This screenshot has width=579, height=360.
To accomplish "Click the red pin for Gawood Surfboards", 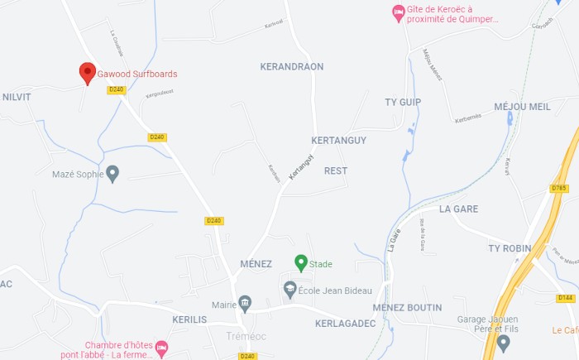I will tap(87, 73).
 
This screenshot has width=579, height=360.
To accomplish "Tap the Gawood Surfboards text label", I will tap(137, 74).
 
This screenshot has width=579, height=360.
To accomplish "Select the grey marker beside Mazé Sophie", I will tap(113, 174).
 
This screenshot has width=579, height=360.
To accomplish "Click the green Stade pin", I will tap(301, 262).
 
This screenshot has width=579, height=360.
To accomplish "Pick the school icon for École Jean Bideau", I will tap(289, 290).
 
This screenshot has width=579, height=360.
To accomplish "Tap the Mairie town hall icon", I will tap(244, 304).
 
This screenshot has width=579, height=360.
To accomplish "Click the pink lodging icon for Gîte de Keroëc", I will tap(398, 13).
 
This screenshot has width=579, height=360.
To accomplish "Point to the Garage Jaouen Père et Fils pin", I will tap(504, 342).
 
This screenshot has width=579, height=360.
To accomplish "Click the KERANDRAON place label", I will tap(291, 66).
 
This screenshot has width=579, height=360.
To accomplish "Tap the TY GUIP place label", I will tap(403, 102).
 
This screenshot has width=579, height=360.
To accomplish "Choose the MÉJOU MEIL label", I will tap(522, 107).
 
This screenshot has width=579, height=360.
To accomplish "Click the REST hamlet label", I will tap(336, 170).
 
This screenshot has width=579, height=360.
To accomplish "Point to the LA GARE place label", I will tap(460, 209).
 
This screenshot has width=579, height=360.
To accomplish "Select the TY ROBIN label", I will tap(510, 248).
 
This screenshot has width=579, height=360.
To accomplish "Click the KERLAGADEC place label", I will tap(346, 323).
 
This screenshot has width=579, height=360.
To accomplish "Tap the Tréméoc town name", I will tap(245, 336).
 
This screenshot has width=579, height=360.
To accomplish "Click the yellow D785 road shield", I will tap(559, 188).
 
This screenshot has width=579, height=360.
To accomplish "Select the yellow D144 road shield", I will tap(566, 297).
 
